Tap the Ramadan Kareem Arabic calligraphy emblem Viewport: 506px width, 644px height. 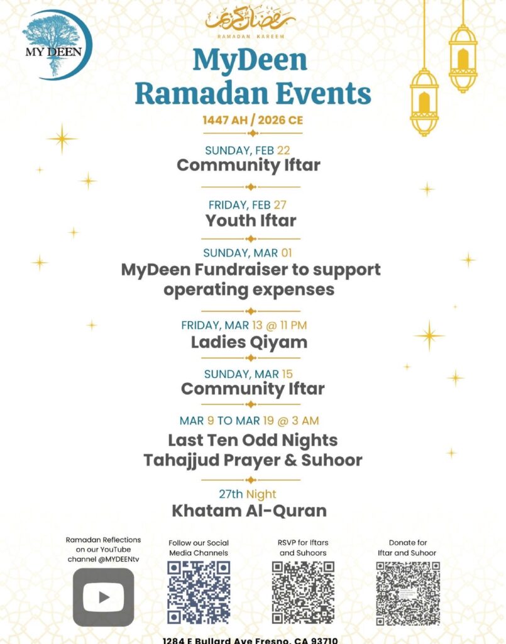(250, 19)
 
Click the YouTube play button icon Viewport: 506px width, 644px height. (103, 596)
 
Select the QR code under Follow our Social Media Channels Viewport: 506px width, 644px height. (199, 591)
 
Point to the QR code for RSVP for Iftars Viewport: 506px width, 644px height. (303, 591)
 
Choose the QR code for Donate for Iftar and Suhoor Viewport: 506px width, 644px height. (407, 591)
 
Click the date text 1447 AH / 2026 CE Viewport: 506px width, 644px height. (252, 121)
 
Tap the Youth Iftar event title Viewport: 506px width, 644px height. (251, 221)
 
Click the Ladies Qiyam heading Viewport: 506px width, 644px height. (249, 342)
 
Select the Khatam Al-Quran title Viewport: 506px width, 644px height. (250, 511)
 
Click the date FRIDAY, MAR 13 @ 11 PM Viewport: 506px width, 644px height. (253, 325)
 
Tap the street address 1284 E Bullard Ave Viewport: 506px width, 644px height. (214, 640)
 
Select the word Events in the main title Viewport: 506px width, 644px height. (323, 93)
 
